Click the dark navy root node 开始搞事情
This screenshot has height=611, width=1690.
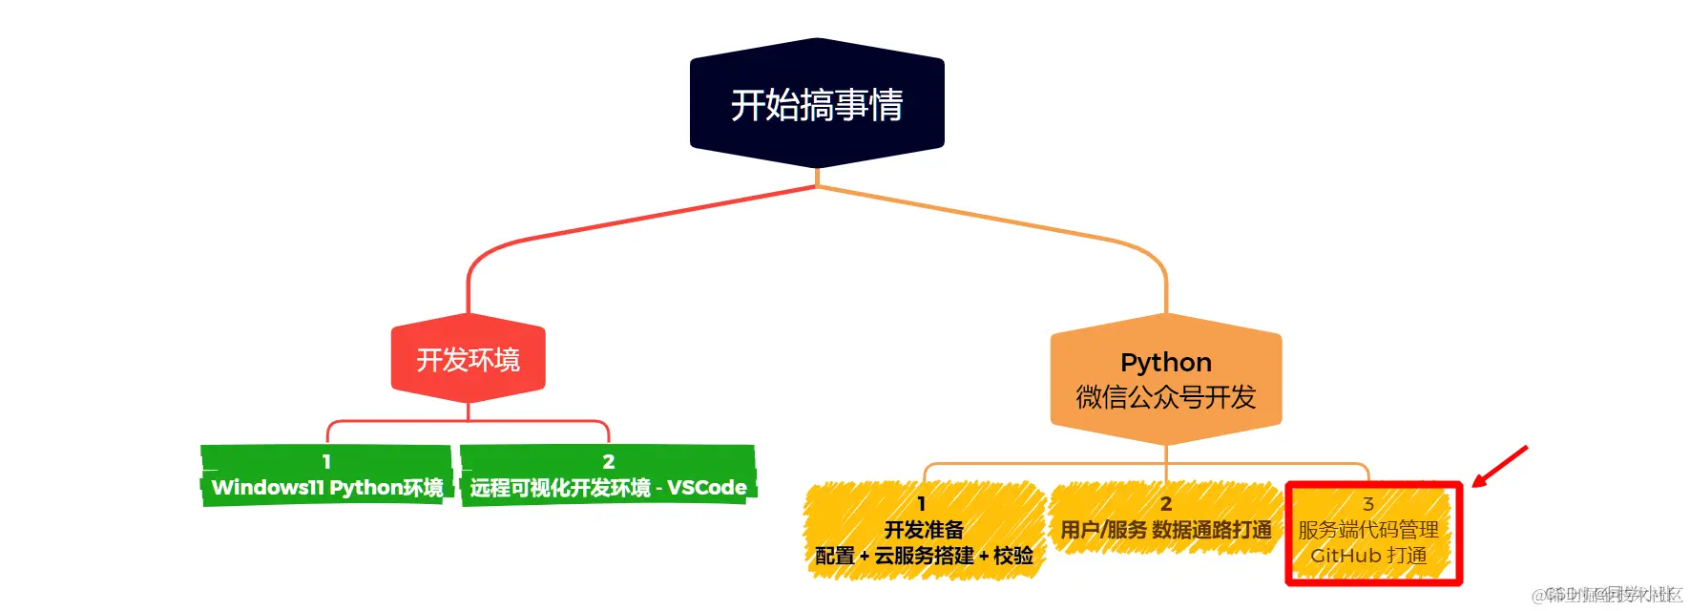(x=817, y=104)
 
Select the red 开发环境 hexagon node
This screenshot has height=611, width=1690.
(x=468, y=360)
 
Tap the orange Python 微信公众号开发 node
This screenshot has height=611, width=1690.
(x=1165, y=380)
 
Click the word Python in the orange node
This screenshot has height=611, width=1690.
(x=1165, y=363)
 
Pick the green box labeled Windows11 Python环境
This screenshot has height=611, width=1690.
(x=326, y=475)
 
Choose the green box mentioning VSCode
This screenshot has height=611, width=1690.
(x=608, y=475)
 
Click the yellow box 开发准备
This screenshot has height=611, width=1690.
(x=924, y=531)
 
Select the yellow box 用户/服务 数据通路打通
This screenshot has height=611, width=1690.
(x=1165, y=518)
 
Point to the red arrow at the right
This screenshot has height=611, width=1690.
(x=1500, y=466)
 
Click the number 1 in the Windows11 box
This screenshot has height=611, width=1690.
(x=326, y=462)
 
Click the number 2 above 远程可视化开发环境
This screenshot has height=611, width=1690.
(x=608, y=462)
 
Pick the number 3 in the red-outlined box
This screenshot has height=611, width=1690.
(x=1367, y=504)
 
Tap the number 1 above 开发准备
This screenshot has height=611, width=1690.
(x=921, y=504)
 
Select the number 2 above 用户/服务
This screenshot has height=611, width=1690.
(x=1165, y=504)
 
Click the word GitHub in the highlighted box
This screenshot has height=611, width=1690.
(x=1346, y=556)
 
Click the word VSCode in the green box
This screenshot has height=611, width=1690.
(x=706, y=488)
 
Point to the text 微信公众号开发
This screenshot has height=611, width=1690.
(x=1165, y=397)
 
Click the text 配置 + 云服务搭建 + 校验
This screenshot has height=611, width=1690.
(x=924, y=556)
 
